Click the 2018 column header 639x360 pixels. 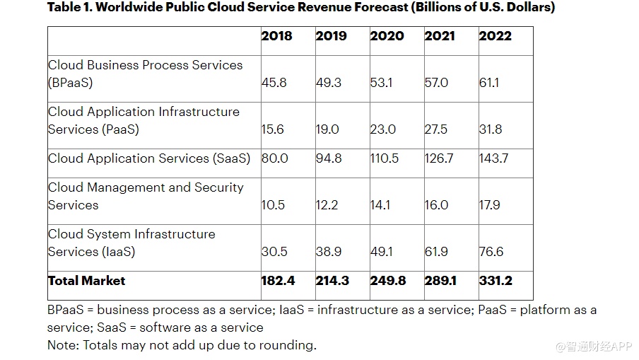coord(276,36)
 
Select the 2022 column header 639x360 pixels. coord(495,36)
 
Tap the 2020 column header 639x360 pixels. coord(387,36)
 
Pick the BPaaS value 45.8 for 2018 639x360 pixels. coord(274,83)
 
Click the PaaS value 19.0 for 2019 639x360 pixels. coord(328,129)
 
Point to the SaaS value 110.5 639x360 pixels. coord(385,158)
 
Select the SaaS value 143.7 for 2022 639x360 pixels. coord(493,158)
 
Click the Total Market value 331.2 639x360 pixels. coord(495,281)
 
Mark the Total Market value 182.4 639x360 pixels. coord(277,281)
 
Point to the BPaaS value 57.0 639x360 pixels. coord(436,83)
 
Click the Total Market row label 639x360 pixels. coord(86,281)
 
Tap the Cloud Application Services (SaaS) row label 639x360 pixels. coord(149,158)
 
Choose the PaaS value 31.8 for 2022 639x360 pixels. coord(491,129)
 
